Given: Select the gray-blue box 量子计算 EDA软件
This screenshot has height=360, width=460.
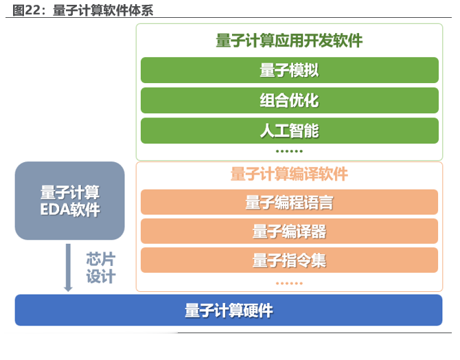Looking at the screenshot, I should coord(69,201).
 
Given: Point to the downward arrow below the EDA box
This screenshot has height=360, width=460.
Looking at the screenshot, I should coord(68,268).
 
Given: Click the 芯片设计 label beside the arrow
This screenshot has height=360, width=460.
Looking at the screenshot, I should coord(101,269).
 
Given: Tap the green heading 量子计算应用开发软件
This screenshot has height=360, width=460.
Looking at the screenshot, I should coord(289,41).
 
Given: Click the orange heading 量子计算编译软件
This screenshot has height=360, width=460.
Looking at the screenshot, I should coord(289,174).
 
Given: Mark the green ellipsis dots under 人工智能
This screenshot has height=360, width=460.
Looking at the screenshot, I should coord(289,151).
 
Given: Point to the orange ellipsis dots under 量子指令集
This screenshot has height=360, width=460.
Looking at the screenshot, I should coord(289,282).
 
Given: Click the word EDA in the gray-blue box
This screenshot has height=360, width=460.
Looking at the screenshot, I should coord(56,210).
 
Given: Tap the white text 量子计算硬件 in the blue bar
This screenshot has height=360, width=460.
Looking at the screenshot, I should coord(229,311).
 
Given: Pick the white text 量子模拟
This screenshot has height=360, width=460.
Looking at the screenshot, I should coord(289,70).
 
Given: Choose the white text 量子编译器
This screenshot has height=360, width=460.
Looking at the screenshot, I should coord(289,232).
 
